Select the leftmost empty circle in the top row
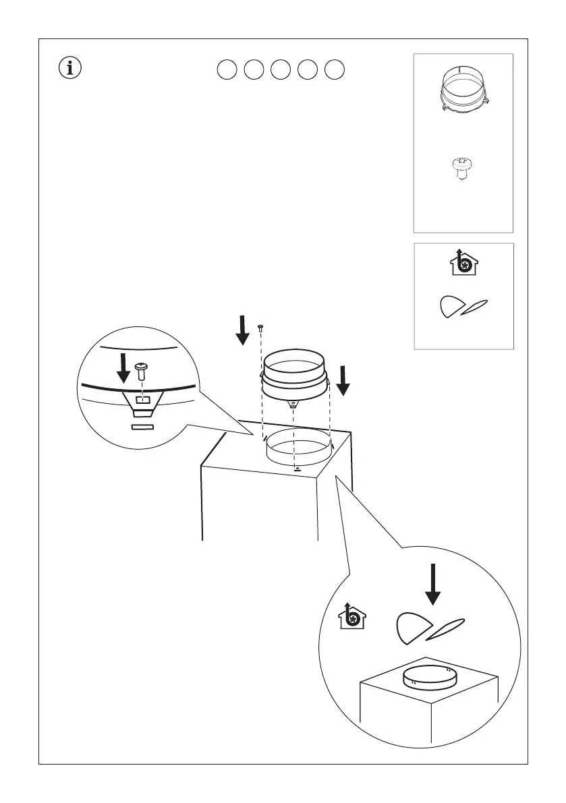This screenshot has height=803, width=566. pos(227,69)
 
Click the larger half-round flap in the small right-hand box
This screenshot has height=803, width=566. pos(451,307)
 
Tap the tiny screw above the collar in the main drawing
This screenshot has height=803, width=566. pos(260,327)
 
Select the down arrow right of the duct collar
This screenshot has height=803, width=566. pos(343,380)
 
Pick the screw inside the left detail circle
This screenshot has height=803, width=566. pos(141,370)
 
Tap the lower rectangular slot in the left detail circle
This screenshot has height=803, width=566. pos(142,427)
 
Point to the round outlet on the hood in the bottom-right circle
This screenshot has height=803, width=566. pos(429,676)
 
